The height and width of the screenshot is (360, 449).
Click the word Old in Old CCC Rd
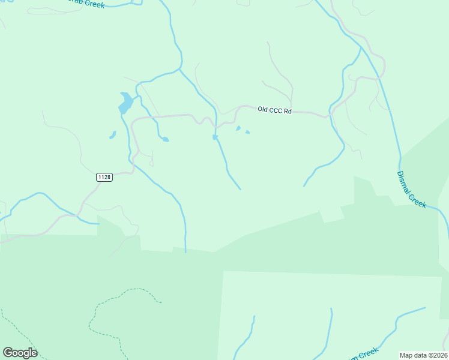(x=262, y=109)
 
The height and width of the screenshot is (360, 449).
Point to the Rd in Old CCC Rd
(x=288, y=111)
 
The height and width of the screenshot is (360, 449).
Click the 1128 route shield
(x=104, y=177)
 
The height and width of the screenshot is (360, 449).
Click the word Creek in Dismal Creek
(x=418, y=200)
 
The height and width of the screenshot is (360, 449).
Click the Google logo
(x=20, y=353)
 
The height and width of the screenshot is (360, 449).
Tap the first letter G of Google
(x=8, y=353)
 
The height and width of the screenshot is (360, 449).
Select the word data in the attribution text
(x=420, y=355)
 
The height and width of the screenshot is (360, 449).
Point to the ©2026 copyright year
(x=437, y=355)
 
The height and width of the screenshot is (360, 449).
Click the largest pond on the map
(x=125, y=103)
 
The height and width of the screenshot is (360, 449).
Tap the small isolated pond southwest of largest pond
(x=112, y=135)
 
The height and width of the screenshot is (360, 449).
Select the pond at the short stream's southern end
(x=164, y=139)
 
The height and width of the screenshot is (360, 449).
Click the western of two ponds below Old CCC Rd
(x=238, y=128)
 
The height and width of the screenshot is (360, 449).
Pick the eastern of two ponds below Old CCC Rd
(x=247, y=132)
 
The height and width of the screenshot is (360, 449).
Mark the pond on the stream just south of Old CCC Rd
(x=215, y=137)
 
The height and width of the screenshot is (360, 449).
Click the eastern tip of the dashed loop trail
(x=161, y=302)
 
